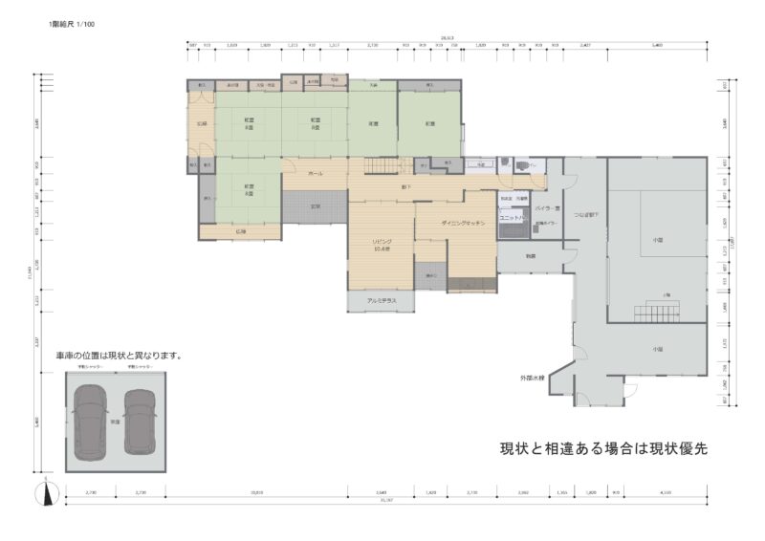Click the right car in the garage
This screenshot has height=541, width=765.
(x=139, y=421)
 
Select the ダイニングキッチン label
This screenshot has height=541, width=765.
(x=464, y=222)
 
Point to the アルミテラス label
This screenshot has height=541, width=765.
(x=381, y=301)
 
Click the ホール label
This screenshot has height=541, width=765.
(x=316, y=174)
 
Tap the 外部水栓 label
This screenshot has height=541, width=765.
(x=533, y=379)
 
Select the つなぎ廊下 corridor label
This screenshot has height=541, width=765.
(x=585, y=215)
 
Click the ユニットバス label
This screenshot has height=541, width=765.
(x=512, y=218)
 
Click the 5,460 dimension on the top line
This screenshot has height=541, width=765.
(x=657, y=45)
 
